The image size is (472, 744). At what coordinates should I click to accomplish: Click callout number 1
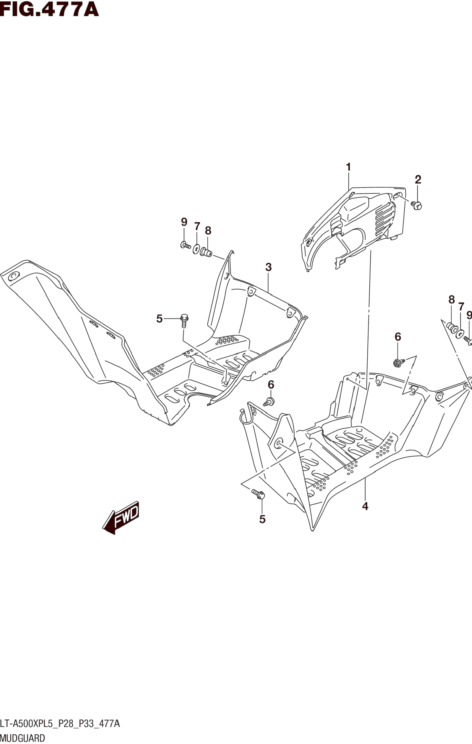click(x=348, y=167)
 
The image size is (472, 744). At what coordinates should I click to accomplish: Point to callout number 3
click(x=268, y=267)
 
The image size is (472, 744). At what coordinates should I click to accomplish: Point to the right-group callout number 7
click(x=461, y=307)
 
